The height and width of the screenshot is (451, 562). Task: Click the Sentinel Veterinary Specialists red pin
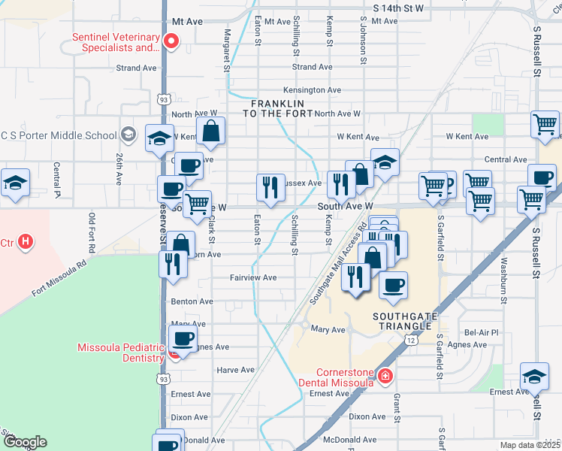point(171,41)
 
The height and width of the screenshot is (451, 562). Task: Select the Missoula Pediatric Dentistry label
point(121,353)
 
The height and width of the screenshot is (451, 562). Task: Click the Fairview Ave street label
point(253,278)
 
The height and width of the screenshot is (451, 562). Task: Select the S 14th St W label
point(399,8)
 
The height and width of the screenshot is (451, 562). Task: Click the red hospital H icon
point(26,242)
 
